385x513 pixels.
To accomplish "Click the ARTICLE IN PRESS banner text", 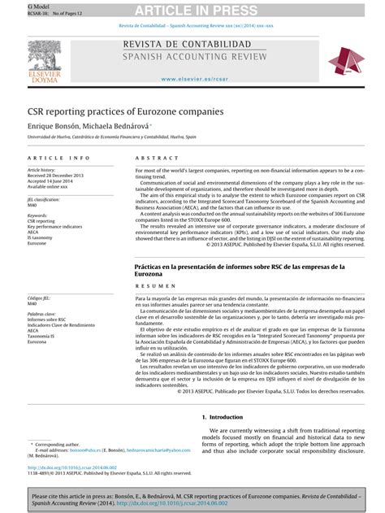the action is (192, 9).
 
